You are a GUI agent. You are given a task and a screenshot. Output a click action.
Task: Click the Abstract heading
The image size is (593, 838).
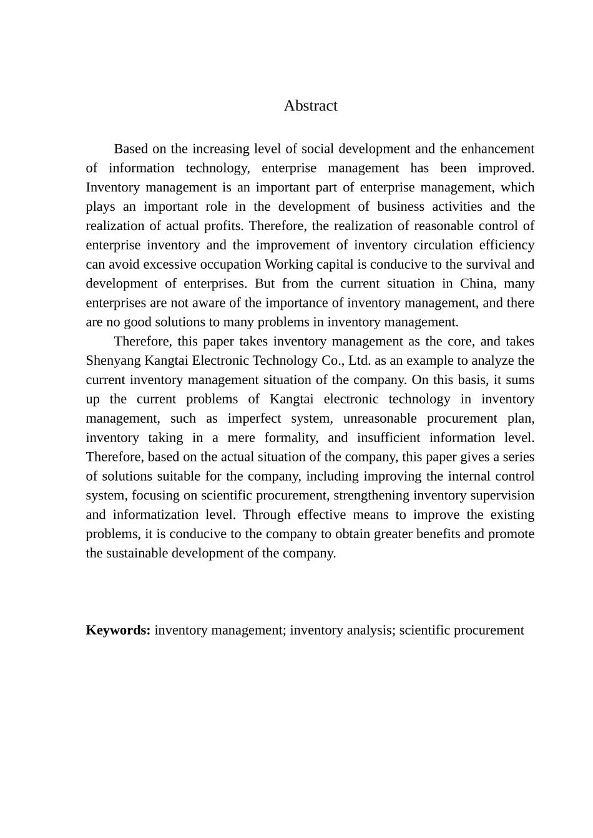[x=310, y=106]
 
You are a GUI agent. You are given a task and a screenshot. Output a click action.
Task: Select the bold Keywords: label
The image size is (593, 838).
[x=118, y=630]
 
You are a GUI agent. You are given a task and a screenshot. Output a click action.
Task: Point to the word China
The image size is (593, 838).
[x=477, y=284]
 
